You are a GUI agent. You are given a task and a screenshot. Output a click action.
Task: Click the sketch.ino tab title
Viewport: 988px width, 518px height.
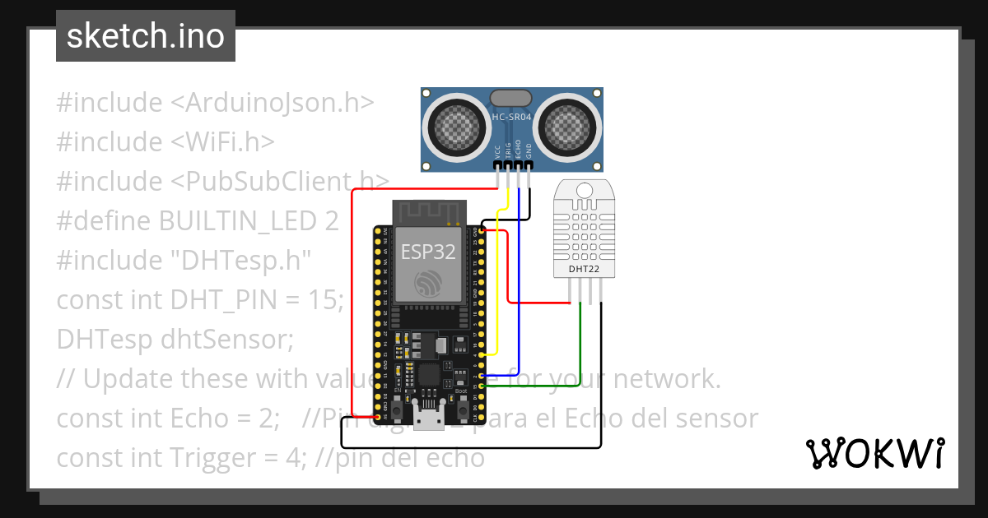[x=145, y=36]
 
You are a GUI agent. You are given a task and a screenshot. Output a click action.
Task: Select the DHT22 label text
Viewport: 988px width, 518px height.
[x=584, y=269]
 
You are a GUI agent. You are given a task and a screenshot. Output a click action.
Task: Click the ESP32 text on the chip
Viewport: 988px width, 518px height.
[x=428, y=252]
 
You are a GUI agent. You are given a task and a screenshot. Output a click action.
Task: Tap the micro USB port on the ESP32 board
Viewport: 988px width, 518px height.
[x=427, y=420]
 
